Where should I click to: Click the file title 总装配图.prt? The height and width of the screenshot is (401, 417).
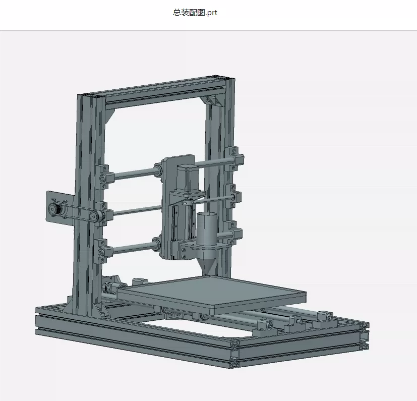click(x=195, y=13)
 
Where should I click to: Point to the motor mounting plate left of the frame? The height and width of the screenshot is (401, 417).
click(x=60, y=209)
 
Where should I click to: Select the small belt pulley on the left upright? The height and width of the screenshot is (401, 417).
click(x=94, y=216)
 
